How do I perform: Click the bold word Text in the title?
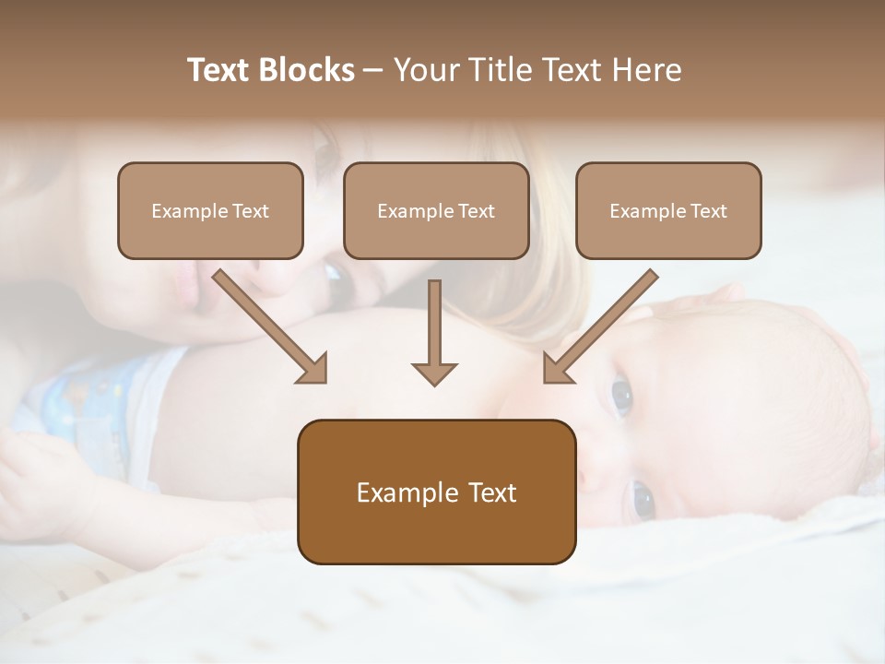218,70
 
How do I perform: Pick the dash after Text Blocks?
373,71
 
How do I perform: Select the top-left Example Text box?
210,210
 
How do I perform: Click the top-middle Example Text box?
436,210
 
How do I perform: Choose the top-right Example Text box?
668,210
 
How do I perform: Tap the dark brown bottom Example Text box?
436,492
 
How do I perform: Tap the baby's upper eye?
622,396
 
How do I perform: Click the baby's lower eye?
643,501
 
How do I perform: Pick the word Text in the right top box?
709,211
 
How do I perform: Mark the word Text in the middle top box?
477,211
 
